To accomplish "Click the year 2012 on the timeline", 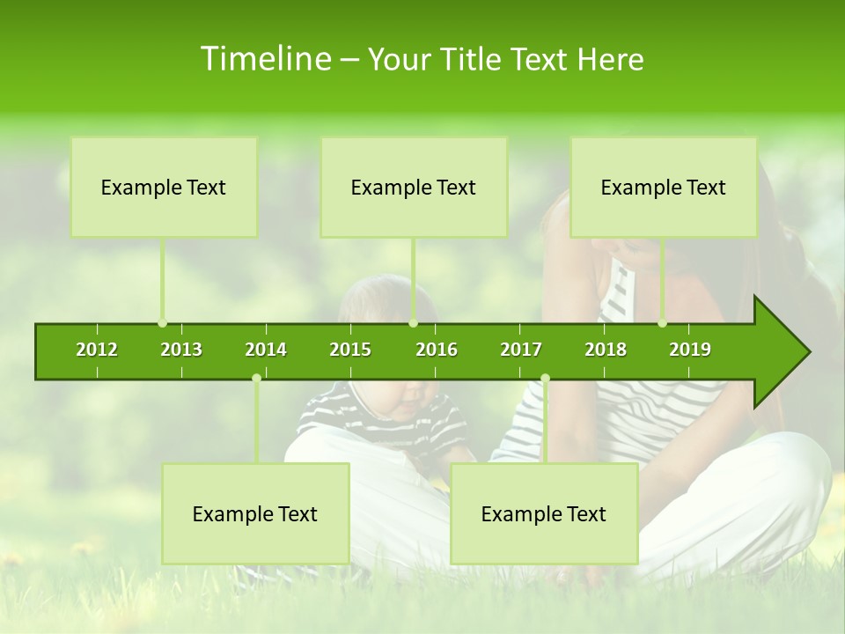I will [97, 350].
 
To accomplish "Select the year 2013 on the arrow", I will [181, 350].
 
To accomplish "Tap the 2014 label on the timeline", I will [266, 350].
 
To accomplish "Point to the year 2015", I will [350, 350].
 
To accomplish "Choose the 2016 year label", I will [437, 350].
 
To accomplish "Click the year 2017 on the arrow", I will [521, 350].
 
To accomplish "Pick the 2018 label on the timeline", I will [606, 350].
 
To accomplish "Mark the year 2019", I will [690, 350].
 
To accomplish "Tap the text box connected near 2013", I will [164, 187].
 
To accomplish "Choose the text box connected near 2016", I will [414, 187].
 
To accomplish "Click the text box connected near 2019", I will [664, 187].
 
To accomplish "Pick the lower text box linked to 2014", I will [255, 513].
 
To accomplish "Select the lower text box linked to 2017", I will [544, 513].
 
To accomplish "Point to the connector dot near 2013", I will [163, 323].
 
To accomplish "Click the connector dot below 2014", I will [256, 379].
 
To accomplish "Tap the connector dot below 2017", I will [545, 379].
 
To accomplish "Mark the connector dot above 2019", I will [663, 323].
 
